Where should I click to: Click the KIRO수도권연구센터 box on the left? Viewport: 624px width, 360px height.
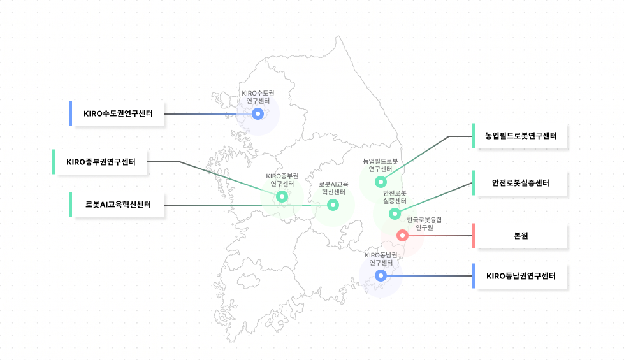[x=118, y=113]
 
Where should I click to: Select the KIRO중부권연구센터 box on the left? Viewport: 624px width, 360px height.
[x=101, y=162]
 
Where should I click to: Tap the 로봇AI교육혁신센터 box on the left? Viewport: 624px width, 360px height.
[x=118, y=205]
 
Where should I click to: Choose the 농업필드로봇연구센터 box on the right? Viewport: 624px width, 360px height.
[x=521, y=136]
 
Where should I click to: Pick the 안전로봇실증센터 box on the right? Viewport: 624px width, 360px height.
[x=521, y=183]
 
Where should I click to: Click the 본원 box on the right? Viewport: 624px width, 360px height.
[x=521, y=236]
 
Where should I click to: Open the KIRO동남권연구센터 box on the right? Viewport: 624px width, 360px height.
[x=521, y=276]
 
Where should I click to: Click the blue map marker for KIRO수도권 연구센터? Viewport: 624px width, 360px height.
[x=258, y=114]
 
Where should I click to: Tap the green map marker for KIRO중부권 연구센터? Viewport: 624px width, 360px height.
[x=282, y=196]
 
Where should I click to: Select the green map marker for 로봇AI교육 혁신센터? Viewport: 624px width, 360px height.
[x=333, y=205]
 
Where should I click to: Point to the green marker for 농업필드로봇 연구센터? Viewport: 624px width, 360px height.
[x=381, y=182]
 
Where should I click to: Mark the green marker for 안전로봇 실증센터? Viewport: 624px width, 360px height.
[x=395, y=214]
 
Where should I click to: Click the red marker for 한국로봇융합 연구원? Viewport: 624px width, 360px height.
[x=402, y=236]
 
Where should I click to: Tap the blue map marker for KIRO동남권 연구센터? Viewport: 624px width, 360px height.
[x=381, y=275]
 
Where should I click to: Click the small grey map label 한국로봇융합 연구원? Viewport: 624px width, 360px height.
[x=424, y=224]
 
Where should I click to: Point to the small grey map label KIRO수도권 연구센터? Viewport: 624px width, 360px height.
[x=258, y=97]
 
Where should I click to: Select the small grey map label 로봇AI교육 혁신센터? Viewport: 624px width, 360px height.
[x=333, y=188]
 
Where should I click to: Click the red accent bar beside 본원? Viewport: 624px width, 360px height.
[x=473, y=236]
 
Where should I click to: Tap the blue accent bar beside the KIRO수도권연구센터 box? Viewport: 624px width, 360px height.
[x=71, y=113]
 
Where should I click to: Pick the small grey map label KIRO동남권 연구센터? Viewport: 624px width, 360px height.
[x=381, y=259]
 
